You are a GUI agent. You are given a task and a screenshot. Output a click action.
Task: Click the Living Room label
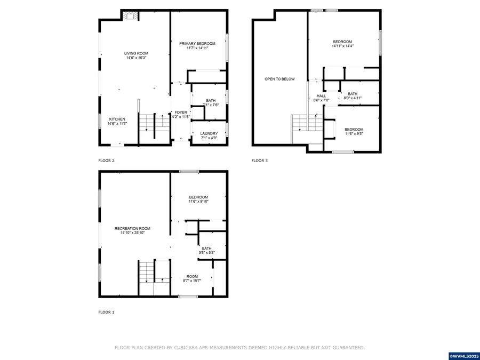click(x=136, y=53)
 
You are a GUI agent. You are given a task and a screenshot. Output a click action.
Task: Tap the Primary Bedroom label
click(x=197, y=44)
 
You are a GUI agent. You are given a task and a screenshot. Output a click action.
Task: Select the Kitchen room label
click(x=117, y=119)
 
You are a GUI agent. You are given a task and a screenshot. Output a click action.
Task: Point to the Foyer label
click(x=181, y=113)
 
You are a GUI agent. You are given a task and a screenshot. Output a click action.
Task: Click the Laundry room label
click(x=209, y=133)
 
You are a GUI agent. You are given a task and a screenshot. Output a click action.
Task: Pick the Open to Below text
click(x=279, y=79)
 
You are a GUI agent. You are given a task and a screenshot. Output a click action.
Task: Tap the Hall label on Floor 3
click(x=321, y=96)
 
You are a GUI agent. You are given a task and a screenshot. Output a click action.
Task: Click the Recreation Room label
click(x=132, y=228)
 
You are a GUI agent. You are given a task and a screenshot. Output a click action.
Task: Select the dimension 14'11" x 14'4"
click(x=342, y=46)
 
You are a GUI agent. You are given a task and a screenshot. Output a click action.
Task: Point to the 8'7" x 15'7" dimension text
click(x=192, y=281)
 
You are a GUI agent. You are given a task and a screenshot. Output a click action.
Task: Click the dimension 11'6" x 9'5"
click(x=354, y=133)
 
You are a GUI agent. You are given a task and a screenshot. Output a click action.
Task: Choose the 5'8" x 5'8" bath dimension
click(x=206, y=253)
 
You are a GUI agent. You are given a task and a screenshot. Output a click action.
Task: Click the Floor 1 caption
click(x=106, y=312)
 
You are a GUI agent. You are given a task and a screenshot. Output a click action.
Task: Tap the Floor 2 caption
click(x=106, y=161)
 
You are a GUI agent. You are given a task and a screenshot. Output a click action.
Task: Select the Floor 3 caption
click(x=260, y=161)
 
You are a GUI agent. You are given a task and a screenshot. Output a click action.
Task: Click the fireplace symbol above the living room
click(x=131, y=15)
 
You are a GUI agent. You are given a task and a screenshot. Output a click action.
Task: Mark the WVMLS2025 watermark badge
click(x=464, y=356)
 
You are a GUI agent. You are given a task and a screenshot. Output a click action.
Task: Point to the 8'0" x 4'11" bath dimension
click(x=353, y=98)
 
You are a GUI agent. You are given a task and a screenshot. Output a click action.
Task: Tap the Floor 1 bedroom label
click(x=198, y=197)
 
